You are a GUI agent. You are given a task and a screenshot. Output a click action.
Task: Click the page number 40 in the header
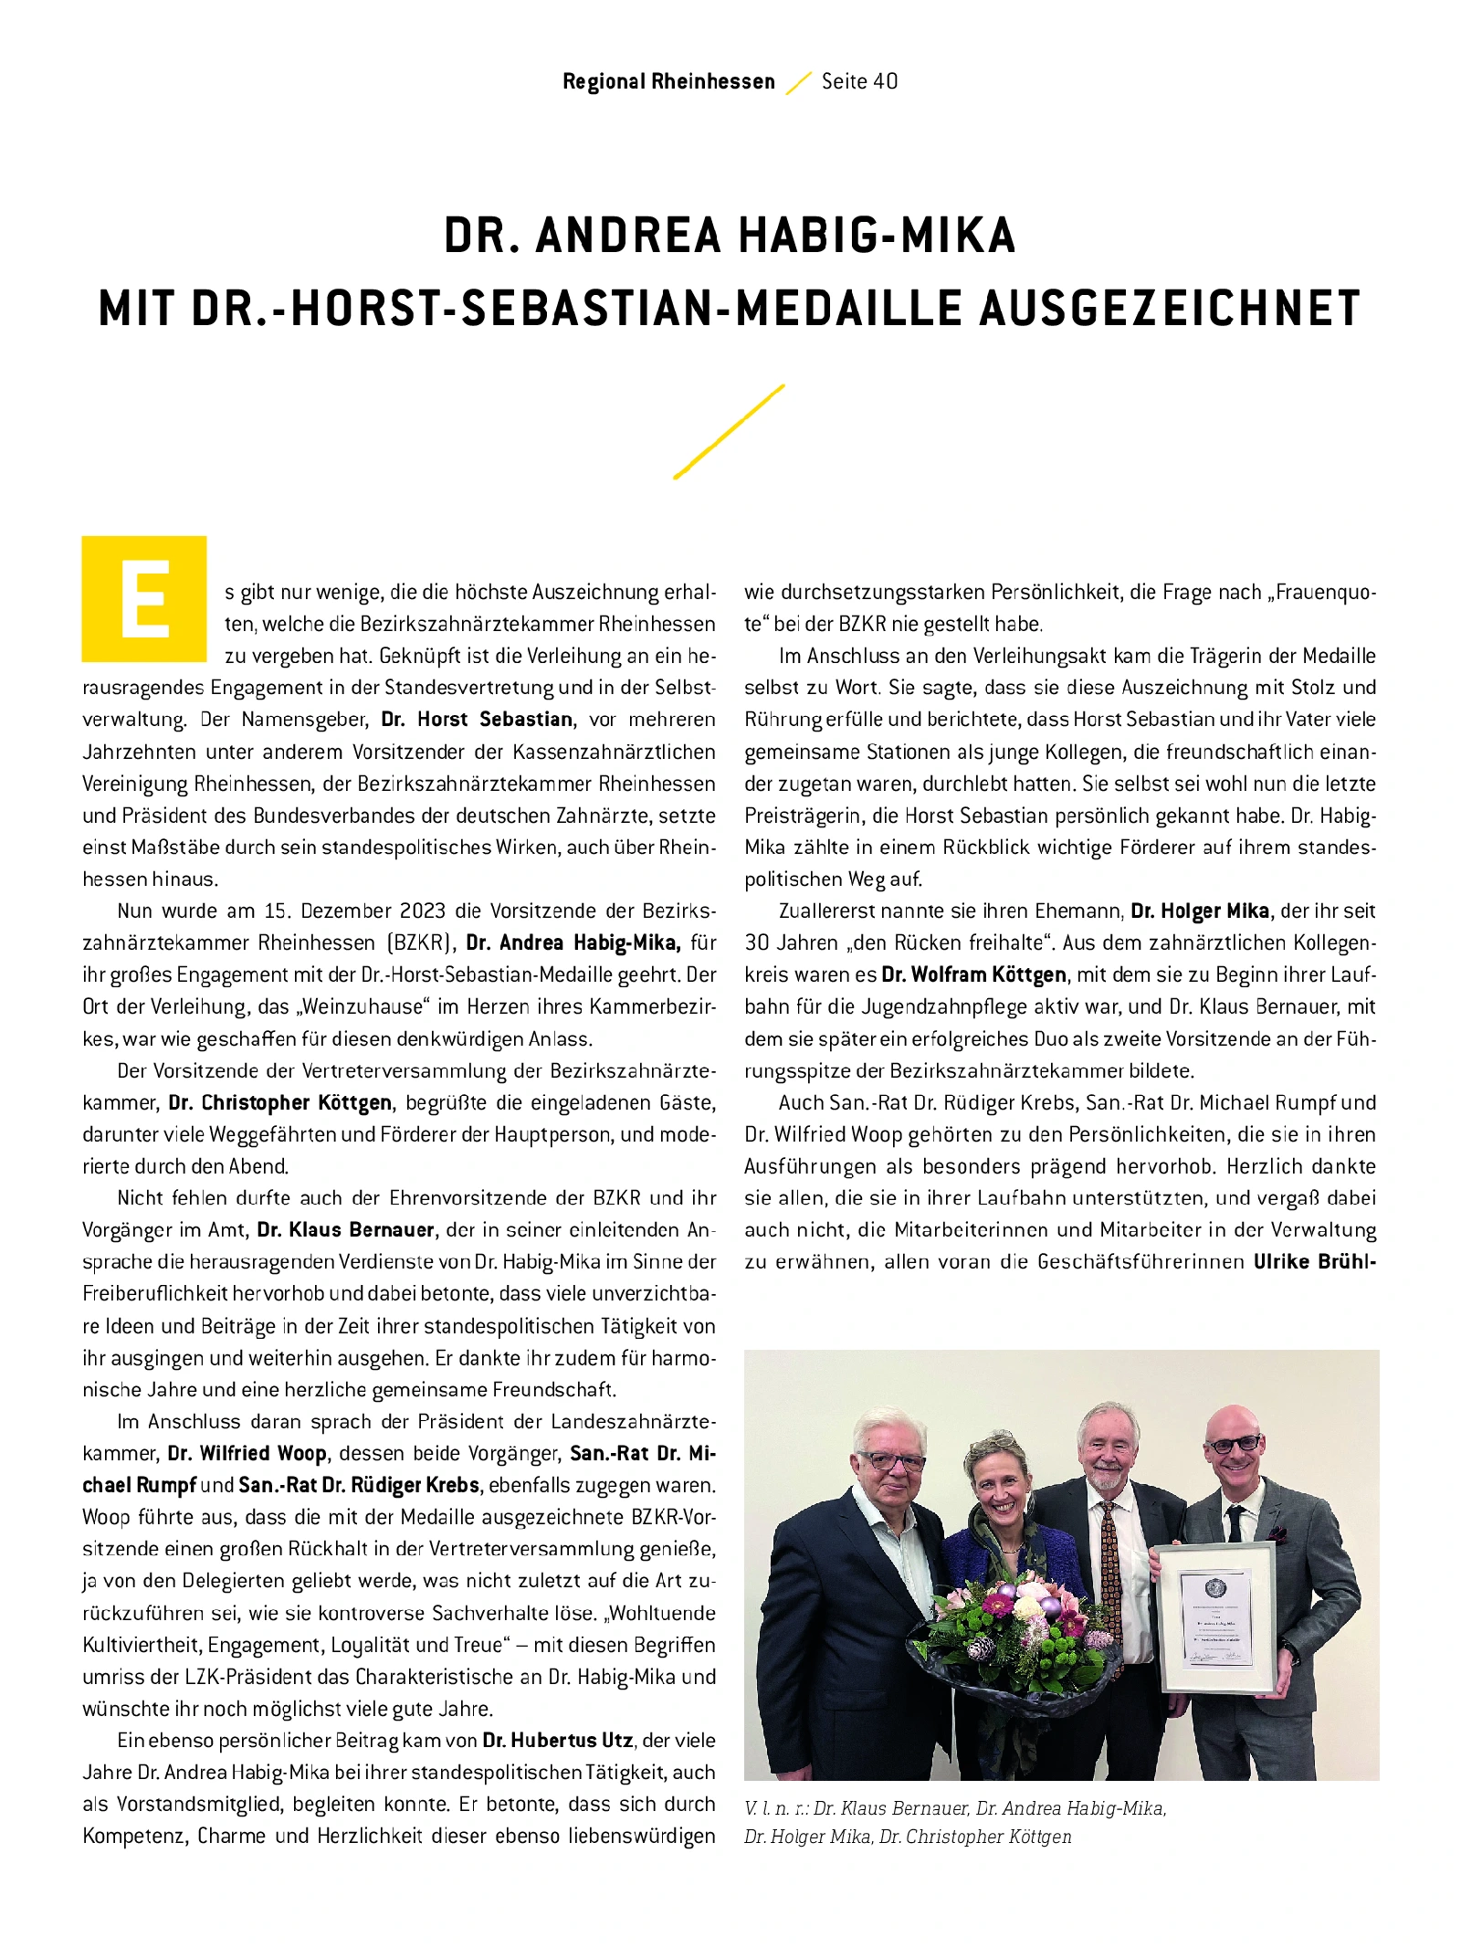[x=885, y=81]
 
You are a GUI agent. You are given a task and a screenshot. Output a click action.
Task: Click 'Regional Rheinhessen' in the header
[x=668, y=81]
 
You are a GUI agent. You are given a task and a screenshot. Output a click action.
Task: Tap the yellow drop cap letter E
[x=144, y=599]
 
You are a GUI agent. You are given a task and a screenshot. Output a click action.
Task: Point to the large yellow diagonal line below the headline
[x=729, y=431]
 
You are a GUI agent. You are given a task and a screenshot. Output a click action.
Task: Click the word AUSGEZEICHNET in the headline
[x=1170, y=308]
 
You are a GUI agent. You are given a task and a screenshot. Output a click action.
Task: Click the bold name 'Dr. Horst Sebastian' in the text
[x=478, y=720]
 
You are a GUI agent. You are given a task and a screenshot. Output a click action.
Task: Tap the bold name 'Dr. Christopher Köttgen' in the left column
[x=280, y=1103]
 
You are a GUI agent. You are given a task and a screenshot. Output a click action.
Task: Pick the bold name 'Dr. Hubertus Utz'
[x=558, y=1741]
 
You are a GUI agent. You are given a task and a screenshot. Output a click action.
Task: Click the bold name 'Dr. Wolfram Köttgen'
[x=973, y=975]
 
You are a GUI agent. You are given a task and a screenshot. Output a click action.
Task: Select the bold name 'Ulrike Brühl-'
[x=1314, y=1262]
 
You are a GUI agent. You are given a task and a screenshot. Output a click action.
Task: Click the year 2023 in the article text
[x=420, y=911]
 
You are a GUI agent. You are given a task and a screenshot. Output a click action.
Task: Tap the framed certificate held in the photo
[x=1214, y=1616]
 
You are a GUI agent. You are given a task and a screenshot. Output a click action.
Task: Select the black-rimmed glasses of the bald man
[x=1234, y=1444]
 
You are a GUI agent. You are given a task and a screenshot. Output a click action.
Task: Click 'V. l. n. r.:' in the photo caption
[x=776, y=1808]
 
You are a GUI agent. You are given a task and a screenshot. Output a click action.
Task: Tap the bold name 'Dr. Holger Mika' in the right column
[x=1200, y=911]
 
